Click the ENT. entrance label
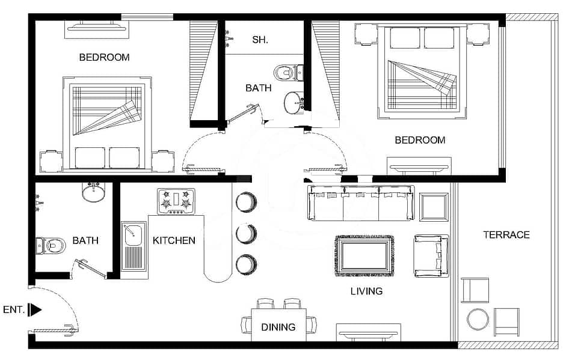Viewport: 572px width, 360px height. [13, 310]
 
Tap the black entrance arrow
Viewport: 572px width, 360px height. [35, 310]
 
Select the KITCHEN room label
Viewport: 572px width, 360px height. [174, 240]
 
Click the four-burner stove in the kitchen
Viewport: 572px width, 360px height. [176, 201]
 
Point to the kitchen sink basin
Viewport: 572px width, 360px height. [134, 236]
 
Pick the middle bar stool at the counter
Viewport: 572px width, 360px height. [246, 233]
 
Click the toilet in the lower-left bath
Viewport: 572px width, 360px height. [51, 246]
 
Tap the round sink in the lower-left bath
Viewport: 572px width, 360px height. [93, 192]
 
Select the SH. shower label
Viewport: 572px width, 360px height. [260, 40]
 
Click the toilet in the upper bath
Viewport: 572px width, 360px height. [288, 72]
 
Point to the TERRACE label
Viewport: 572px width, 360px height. [506, 234]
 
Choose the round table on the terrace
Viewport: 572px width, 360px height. [478, 319]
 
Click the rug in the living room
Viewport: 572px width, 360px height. [364, 255]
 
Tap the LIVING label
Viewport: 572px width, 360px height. [366, 291]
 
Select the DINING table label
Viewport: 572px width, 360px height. [278, 327]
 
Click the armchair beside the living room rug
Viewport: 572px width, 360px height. [431, 255]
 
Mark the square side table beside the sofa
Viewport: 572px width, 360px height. [434, 207]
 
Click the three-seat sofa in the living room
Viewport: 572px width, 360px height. [361, 203]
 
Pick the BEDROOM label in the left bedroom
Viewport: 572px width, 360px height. [104, 57]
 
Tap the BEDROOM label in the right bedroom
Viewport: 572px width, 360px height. [420, 140]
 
